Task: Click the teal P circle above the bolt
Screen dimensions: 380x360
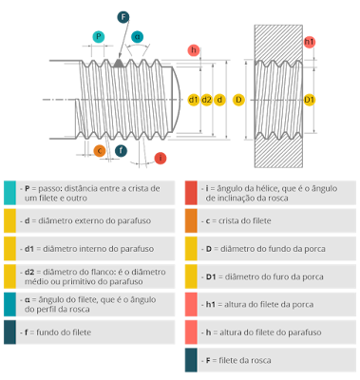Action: [x=100, y=37]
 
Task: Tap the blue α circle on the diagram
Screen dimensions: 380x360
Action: [x=138, y=36]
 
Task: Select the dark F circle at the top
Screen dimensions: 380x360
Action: [x=123, y=17]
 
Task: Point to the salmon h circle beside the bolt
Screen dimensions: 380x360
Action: [x=194, y=49]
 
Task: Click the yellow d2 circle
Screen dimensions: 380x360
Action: [x=206, y=99]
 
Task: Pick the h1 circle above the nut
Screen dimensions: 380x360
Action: [x=309, y=43]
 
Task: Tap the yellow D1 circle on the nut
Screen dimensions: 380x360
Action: [x=309, y=99]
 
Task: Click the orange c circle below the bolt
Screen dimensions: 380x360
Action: [x=100, y=149]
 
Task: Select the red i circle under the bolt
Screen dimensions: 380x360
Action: [x=161, y=157]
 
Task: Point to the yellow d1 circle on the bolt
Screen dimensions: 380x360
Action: [x=193, y=99]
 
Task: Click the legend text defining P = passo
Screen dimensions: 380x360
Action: [x=91, y=193]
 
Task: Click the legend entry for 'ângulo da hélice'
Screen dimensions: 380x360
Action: [x=271, y=193]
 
